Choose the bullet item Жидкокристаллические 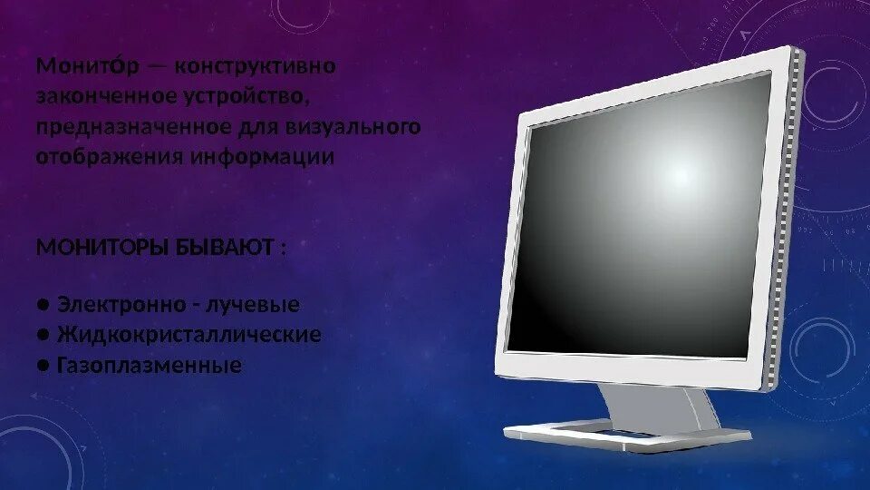pos(188,335)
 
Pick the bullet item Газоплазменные pos(150,365)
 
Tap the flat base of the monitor pos(625,435)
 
